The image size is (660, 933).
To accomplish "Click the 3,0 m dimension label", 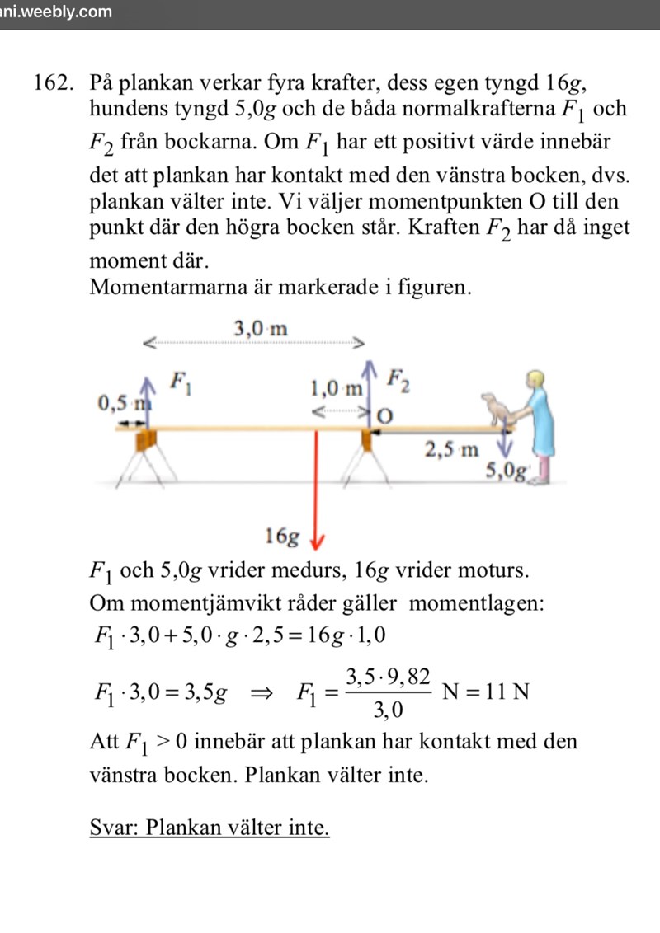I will tap(261, 328).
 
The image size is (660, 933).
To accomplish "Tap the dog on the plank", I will tap(497, 409).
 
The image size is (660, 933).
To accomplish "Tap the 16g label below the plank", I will tap(281, 537).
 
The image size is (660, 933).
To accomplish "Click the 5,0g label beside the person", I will tap(506, 471).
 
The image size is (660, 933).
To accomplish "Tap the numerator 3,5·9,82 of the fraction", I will tap(388, 677).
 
